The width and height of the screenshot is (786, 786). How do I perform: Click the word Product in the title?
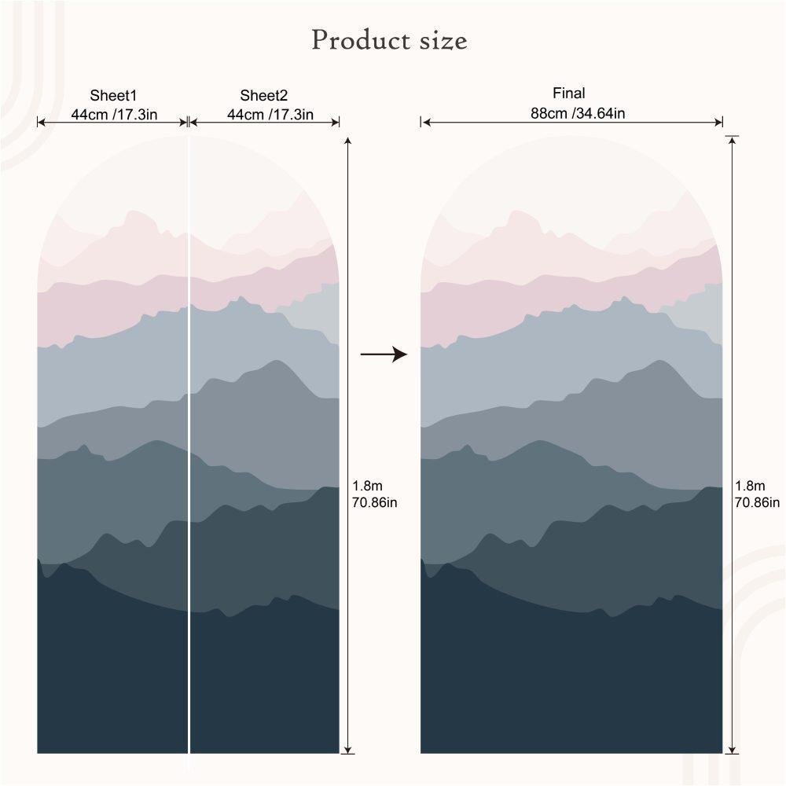coord(355,40)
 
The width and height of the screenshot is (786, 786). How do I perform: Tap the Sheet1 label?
coord(113,96)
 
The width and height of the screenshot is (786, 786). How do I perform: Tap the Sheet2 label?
coord(264,96)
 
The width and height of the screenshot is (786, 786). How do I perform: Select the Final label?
coord(570,94)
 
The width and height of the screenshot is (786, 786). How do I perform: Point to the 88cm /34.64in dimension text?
coord(578,113)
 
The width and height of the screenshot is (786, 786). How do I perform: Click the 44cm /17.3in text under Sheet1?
coord(114,114)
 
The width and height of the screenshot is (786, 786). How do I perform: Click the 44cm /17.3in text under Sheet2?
coord(270,114)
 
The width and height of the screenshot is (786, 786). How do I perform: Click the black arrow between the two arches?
coord(384,355)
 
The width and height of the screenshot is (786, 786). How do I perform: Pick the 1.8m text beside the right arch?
coord(749,487)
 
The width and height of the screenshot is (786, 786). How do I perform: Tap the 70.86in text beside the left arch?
coord(375,502)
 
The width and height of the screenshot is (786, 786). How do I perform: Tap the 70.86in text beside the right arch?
coord(757,502)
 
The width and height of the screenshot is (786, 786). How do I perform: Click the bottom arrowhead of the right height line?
coord(733,747)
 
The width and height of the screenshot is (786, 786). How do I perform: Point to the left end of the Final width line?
coord(423,122)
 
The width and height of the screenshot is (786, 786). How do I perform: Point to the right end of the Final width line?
coord(722,122)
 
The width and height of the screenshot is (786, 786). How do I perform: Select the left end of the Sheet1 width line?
coord(39,122)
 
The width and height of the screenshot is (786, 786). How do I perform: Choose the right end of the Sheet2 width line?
coord(339,122)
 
